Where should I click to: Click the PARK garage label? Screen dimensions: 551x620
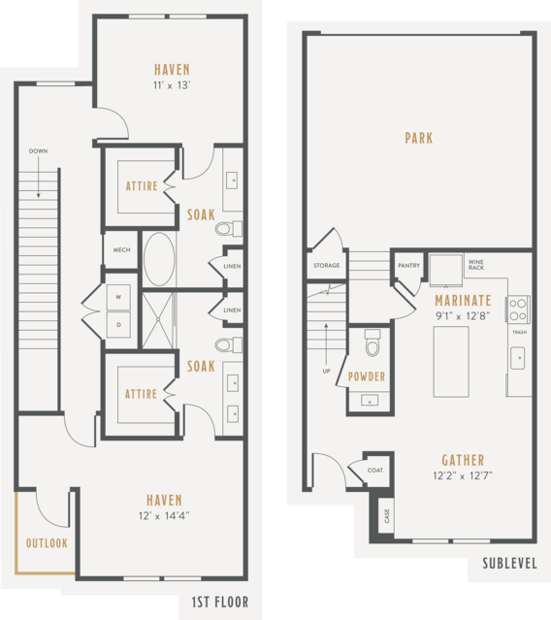pyautogui.click(x=419, y=138)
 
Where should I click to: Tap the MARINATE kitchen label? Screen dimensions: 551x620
pyautogui.click(x=463, y=301)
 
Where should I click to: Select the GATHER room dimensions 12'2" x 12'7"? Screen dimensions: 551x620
pyautogui.click(x=463, y=475)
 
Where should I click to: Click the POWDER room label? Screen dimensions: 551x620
pyautogui.click(x=367, y=376)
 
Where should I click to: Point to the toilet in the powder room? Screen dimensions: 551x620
pyautogui.click(x=373, y=343)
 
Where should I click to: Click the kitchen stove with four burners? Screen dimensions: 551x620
pyautogui.click(x=517, y=310)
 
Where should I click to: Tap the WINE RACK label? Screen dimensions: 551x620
pyautogui.click(x=476, y=265)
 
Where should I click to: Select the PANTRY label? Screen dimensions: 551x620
pyautogui.click(x=408, y=265)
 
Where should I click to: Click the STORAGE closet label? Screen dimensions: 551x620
pyautogui.click(x=327, y=265)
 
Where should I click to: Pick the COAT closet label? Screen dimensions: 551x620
pyautogui.click(x=375, y=471)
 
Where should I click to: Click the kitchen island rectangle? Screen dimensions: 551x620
pyautogui.click(x=451, y=361)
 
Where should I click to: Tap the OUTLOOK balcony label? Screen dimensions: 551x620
pyautogui.click(x=47, y=543)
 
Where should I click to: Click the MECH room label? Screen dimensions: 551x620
pyautogui.click(x=121, y=250)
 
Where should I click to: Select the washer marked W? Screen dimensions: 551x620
pyautogui.click(x=118, y=297)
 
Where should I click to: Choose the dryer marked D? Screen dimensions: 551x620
pyautogui.click(x=118, y=325)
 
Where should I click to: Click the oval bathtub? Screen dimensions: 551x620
pyautogui.click(x=159, y=259)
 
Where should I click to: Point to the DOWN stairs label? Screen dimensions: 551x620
pyautogui.click(x=38, y=151)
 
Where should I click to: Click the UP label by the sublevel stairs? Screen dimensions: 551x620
pyautogui.click(x=326, y=371)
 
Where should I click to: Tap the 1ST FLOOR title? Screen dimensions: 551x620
pyautogui.click(x=220, y=603)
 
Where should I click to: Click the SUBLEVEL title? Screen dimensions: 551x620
pyautogui.click(x=509, y=564)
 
